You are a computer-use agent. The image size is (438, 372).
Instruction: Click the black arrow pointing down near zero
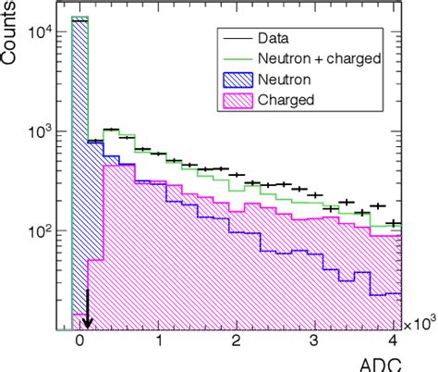(x=87, y=309)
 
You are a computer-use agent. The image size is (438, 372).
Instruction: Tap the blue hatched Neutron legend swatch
(x=232, y=80)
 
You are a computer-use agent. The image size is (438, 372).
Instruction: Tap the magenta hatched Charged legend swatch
(x=232, y=100)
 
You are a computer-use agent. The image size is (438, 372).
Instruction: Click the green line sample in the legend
(x=232, y=59)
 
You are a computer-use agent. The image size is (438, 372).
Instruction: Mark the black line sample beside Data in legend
(x=232, y=40)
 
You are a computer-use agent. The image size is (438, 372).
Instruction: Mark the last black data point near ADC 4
(x=394, y=223)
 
